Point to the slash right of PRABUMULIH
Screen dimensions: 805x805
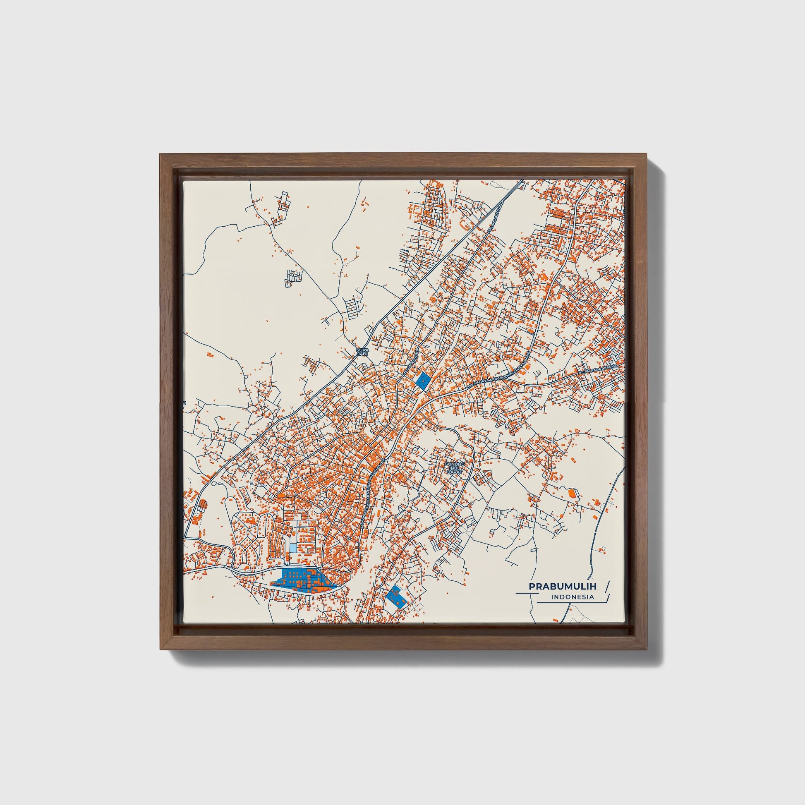(x=607, y=586)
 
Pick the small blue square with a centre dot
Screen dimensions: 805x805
(x=423, y=381)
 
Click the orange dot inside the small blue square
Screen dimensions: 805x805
(x=424, y=380)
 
